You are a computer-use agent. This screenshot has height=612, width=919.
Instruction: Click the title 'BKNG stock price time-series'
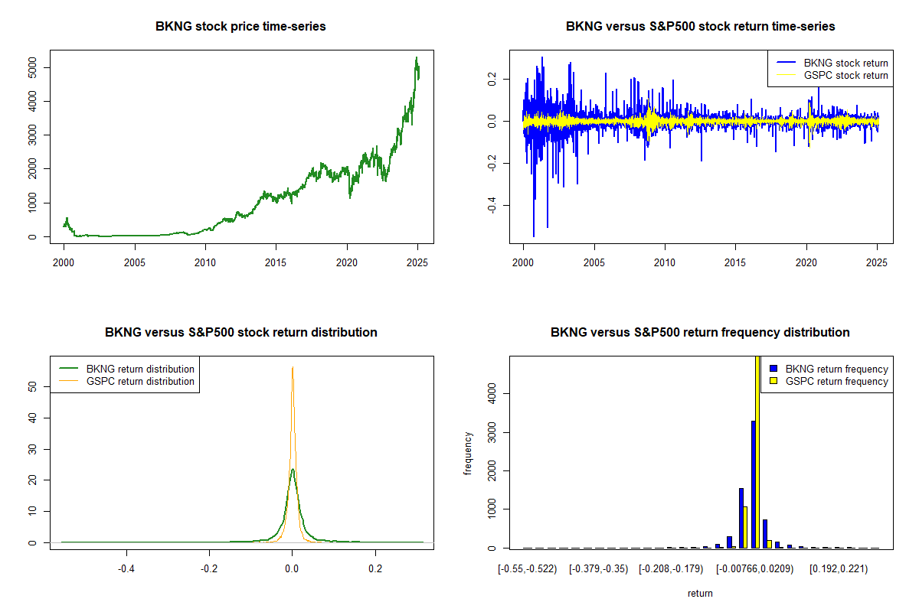(x=240, y=27)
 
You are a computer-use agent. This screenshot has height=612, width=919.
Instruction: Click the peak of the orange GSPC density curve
(x=293, y=367)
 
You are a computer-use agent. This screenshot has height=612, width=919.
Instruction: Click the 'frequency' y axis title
(x=468, y=453)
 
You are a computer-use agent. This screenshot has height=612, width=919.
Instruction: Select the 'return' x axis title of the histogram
(x=700, y=593)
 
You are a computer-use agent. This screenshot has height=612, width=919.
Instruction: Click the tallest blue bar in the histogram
(x=753, y=483)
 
